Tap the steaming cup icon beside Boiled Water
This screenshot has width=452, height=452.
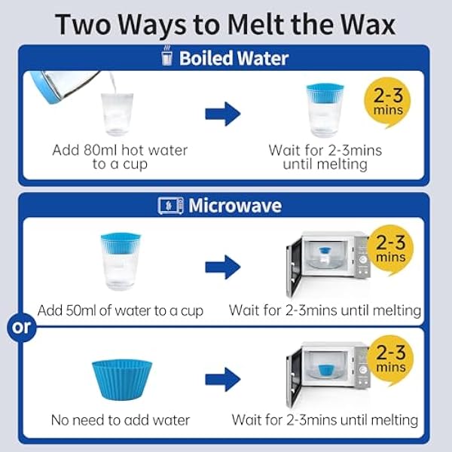tap(167, 56)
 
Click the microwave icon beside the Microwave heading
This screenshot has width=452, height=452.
tap(171, 206)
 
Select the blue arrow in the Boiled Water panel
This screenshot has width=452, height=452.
tap(223, 114)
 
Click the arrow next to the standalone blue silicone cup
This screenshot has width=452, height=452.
tap(223, 380)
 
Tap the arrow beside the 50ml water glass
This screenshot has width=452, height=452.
tap(223, 267)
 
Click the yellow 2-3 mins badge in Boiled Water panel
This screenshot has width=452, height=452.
tap(388, 102)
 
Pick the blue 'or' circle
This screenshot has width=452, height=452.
tap(22, 328)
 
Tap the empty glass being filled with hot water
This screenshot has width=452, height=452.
tap(118, 115)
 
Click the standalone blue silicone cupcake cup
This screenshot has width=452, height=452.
tap(122, 380)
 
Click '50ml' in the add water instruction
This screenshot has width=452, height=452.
tap(81, 310)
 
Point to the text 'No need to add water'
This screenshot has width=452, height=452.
tap(121, 420)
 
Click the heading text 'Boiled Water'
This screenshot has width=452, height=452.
tap(234, 58)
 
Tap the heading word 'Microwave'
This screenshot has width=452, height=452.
tap(235, 206)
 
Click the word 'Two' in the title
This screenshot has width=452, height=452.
tap(83, 25)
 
